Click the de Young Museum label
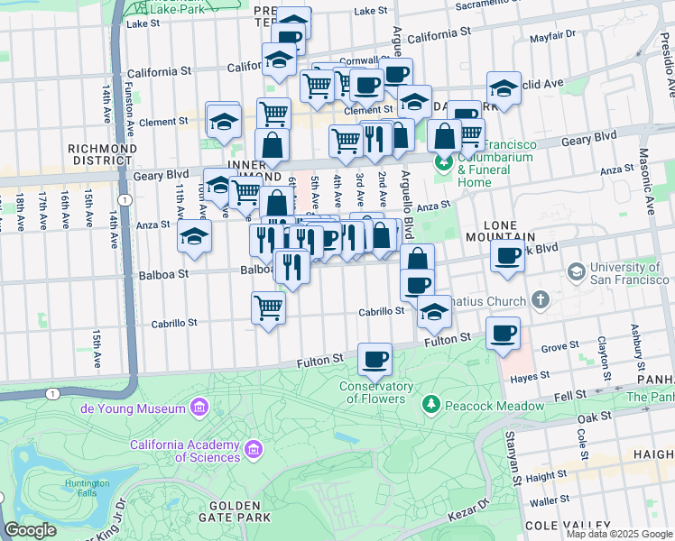[x=136, y=408]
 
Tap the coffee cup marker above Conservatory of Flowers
[x=374, y=359]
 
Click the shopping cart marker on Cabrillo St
[x=268, y=308]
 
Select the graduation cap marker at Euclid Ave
[x=504, y=88]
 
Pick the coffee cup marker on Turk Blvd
[x=507, y=256]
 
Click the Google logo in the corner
[x=30, y=531]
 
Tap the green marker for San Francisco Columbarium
[x=443, y=162]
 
